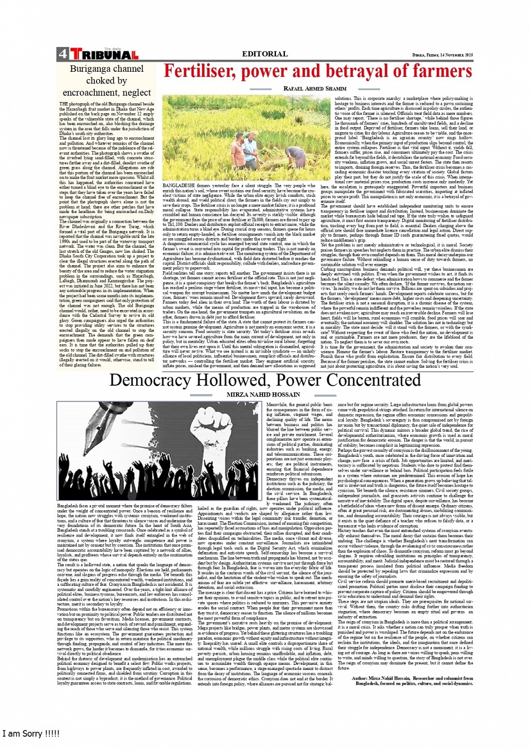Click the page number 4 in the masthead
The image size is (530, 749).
[x=62, y=54]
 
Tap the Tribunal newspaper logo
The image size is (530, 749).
[x=104, y=54]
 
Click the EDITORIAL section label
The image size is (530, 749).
[x=265, y=54]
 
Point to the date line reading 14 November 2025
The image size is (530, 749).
[x=443, y=55]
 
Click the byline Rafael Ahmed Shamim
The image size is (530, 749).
[x=315, y=89]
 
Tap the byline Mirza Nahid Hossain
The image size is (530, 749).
[x=263, y=395]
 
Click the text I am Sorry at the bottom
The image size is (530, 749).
[x=31, y=734]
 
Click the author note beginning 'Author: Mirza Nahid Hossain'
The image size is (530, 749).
[x=413, y=681]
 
